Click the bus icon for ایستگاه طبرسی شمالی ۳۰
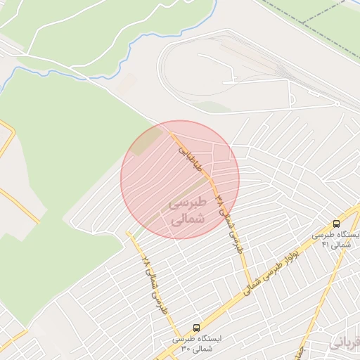pyautogui.click(x=196, y=328)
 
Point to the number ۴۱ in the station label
pyautogui.click(x=326, y=245)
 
